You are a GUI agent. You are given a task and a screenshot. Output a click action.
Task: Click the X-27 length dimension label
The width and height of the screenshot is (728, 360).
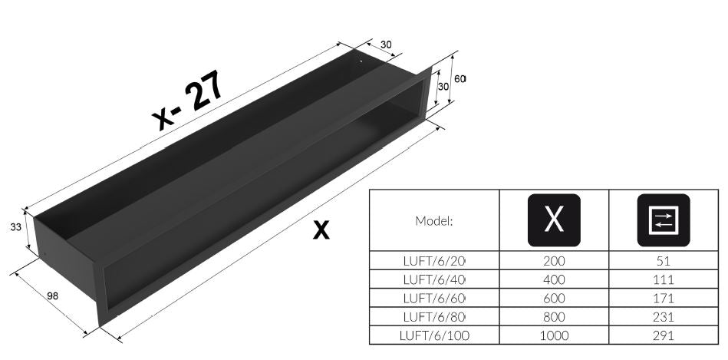pos(188,101)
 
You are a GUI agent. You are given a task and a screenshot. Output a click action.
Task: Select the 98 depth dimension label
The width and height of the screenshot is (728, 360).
pos(52,296)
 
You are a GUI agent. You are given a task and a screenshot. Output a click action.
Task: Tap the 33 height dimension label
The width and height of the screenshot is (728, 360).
pos(16,227)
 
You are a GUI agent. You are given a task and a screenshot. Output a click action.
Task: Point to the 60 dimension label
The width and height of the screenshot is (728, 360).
pos(460,79)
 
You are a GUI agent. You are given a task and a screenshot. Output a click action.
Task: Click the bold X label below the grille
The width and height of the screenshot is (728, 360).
pos(321,230)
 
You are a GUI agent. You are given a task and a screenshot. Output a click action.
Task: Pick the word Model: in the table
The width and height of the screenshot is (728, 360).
pos(433,220)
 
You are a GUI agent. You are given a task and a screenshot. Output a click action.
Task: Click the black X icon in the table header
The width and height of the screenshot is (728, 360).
pos(554,220)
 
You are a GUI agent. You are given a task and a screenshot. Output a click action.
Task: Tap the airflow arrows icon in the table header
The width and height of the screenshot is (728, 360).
pos(664,220)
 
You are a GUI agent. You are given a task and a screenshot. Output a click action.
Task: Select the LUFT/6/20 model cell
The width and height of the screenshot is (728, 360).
pos(434,260)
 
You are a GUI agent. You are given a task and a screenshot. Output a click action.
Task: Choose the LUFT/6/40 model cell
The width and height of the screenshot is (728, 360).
pos(434,279)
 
